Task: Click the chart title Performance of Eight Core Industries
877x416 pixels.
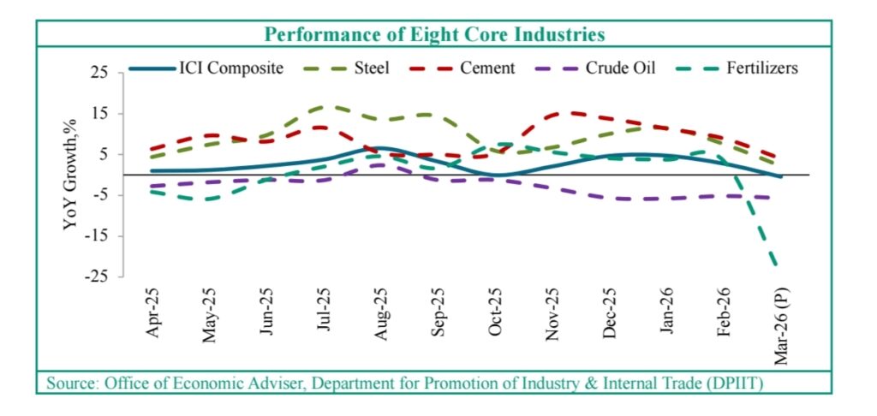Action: click(x=434, y=34)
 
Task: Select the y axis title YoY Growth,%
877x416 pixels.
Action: click(x=70, y=175)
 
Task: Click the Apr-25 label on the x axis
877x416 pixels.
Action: click(x=154, y=314)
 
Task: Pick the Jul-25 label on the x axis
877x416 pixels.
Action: click(x=324, y=314)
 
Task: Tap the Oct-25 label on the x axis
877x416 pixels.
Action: click(x=494, y=314)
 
